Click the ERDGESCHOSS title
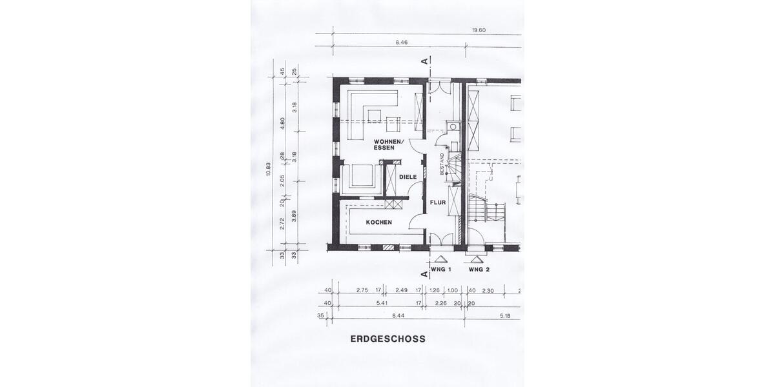(387, 339)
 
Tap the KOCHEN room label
(379, 223)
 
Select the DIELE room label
(408, 177)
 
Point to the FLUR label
(439, 203)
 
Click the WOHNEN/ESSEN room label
(388, 144)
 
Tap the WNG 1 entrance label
(440, 268)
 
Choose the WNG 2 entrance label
(479, 268)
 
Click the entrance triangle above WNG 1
(440, 259)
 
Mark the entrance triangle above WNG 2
(477, 259)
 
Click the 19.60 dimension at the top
(479, 30)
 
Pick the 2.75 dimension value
(362, 291)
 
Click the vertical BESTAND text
(442, 164)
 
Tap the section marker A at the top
(425, 61)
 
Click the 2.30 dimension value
(488, 291)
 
